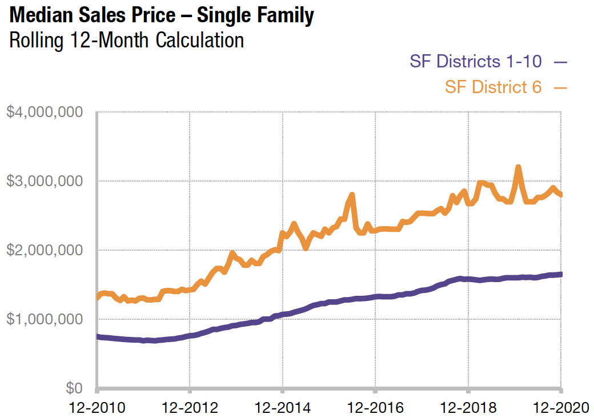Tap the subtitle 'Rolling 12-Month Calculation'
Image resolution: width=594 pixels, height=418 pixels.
click(126, 41)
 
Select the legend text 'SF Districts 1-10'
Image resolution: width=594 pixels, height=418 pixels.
click(476, 61)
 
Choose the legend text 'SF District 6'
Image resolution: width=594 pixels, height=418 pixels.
click(493, 87)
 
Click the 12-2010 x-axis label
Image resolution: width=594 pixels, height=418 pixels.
click(97, 408)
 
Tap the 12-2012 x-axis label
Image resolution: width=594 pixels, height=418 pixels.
click(190, 408)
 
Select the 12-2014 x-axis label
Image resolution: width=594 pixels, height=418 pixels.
click(282, 408)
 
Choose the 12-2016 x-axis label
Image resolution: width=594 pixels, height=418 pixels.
click(375, 408)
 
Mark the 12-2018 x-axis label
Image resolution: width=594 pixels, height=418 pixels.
click(468, 408)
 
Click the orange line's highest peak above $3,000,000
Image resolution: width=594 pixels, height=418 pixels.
click(518, 167)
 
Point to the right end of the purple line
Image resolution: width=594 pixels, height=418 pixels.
click(560, 274)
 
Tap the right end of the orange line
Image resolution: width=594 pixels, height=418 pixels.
click(560, 195)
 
